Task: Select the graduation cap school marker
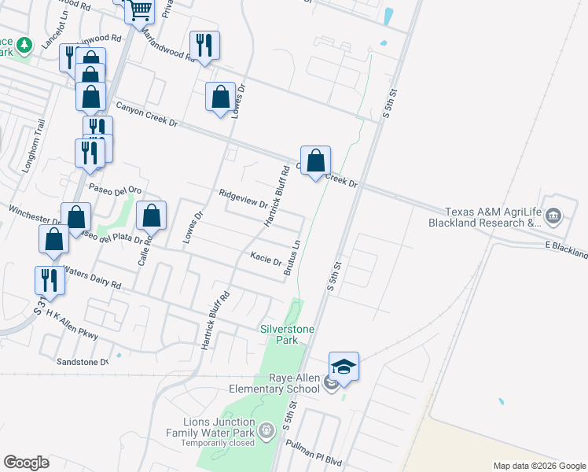344,367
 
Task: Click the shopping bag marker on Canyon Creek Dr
315,161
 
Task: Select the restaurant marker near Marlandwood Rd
204,45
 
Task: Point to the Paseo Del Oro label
114,189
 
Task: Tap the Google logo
26,463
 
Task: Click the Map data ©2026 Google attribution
538,466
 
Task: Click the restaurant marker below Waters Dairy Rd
49,281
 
